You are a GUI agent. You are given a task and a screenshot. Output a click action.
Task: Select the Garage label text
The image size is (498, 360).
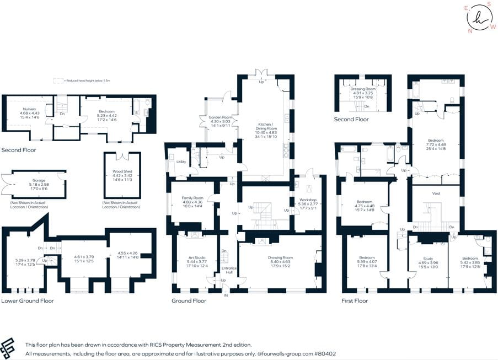[39, 180]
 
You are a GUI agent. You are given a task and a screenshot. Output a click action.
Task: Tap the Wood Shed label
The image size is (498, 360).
[122, 172]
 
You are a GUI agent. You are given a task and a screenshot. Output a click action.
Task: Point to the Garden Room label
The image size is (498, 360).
[220, 117]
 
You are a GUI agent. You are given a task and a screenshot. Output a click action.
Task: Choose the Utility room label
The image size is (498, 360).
[181, 162]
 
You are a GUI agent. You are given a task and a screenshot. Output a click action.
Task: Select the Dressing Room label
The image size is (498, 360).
[363, 89]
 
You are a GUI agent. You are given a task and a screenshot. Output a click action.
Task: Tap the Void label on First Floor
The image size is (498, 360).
[436, 194]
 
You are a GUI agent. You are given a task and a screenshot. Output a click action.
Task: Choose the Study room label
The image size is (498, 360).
[428, 259]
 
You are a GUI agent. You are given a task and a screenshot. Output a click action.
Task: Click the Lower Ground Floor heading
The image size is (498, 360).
[27, 300]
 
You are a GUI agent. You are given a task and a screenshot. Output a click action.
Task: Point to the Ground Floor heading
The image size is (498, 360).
[189, 300]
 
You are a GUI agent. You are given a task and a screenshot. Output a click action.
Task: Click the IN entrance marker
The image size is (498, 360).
[225, 295]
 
